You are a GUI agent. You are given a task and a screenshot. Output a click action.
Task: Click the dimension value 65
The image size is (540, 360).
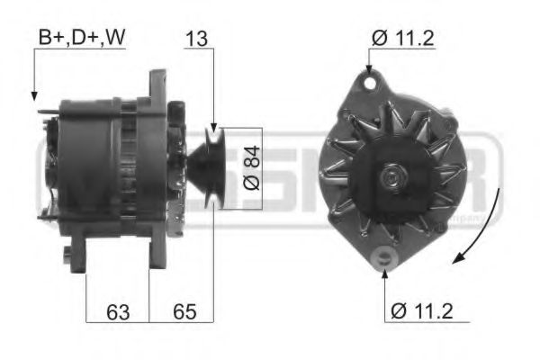click(x=184, y=312)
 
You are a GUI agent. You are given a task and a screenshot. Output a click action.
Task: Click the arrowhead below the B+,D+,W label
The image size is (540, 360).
click(x=34, y=94)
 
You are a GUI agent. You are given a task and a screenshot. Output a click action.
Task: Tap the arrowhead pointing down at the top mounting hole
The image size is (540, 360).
click(x=369, y=69)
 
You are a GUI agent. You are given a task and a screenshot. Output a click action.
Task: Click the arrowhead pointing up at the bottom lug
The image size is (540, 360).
click(x=384, y=269)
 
